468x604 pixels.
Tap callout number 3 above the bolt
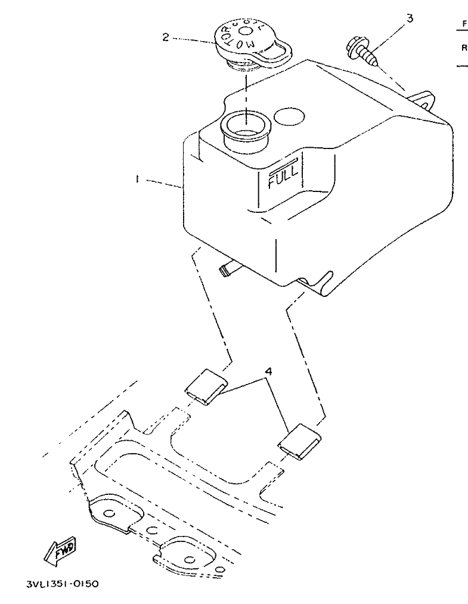pyautogui.click(x=409, y=18)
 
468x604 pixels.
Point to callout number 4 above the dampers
pyautogui.click(x=269, y=371)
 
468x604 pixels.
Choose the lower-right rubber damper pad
pyautogui.click(x=300, y=442)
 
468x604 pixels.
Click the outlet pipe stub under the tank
pyautogui.click(x=227, y=270)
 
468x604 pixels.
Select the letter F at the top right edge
pyautogui.click(x=464, y=24)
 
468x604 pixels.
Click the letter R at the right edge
pyautogui.click(x=464, y=47)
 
